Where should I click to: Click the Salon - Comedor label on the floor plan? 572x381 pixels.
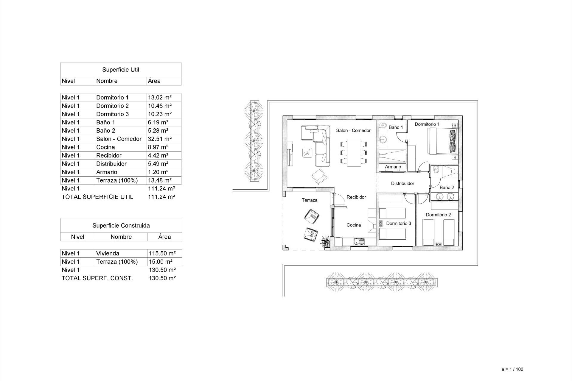[x=353, y=130]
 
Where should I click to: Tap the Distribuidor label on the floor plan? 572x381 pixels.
[x=402, y=183]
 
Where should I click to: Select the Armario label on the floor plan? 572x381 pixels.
[x=393, y=167]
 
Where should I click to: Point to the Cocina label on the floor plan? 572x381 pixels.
[x=354, y=225]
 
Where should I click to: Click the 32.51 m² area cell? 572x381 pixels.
[x=160, y=139]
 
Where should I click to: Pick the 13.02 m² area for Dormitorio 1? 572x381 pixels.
[x=160, y=97]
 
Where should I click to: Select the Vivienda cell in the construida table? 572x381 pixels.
[x=108, y=253]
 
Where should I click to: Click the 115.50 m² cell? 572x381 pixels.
[x=162, y=253]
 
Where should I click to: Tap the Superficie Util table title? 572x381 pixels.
[x=121, y=70]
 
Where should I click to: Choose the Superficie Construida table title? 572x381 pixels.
[x=121, y=226]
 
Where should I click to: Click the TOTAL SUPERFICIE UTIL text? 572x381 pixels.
[x=97, y=197]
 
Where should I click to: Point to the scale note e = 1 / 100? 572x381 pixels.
[x=512, y=369]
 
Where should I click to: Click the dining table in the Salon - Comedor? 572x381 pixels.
[x=354, y=153]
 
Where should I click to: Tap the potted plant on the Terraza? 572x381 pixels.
[x=325, y=241]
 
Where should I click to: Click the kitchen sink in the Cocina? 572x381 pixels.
[x=359, y=242]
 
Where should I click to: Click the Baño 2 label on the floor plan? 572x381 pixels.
[x=447, y=187]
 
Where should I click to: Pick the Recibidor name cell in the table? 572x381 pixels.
[x=109, y=155]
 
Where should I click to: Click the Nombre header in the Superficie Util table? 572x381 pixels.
[x=107, y=81]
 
